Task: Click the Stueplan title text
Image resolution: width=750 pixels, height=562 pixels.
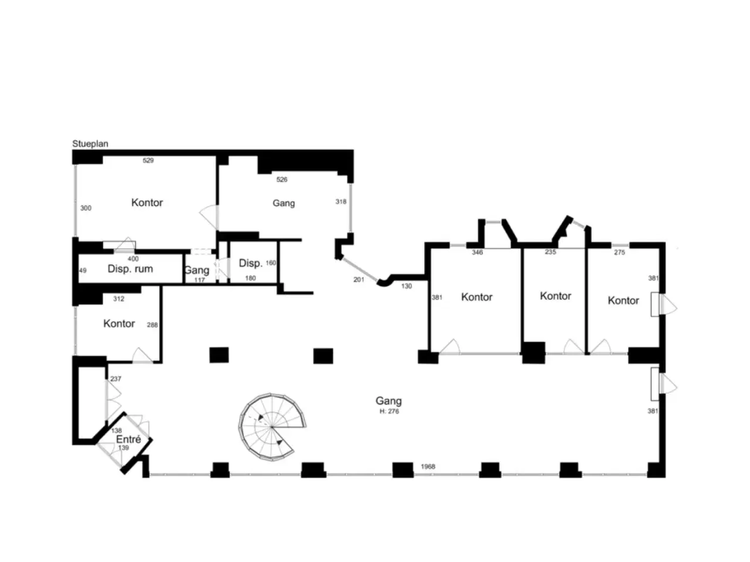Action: click(90, 144)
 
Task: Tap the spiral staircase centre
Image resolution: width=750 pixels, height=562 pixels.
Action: click(271, 427)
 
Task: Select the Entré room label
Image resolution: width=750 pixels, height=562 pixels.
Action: click(128, 439)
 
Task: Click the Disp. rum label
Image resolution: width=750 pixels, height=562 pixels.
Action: click(130, 269)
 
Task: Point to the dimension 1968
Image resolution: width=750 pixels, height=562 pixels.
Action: click(428, 467)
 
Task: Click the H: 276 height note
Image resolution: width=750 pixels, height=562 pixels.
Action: click(389, 411)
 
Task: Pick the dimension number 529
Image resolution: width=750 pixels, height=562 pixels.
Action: click(148, 160)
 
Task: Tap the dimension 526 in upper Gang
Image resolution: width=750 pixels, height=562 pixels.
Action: click(282, 180)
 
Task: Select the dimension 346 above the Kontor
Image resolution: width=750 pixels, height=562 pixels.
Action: click(478, 252)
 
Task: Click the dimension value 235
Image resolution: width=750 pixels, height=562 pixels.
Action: click(550, 252)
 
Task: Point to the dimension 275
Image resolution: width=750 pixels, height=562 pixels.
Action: click(619, 252)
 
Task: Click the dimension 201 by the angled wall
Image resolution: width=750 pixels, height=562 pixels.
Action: click(359, 279)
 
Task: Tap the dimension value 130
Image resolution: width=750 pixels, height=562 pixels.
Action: click(406, 286)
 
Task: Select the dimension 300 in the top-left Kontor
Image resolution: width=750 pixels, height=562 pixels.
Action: click(86, 208)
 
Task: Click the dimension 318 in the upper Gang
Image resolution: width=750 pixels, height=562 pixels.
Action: click(341, 201)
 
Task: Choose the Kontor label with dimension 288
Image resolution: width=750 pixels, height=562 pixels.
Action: click(119, 324)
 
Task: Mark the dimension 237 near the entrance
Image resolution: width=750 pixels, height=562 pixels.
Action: click(116, 379)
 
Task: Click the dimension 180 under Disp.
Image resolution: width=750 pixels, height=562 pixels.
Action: click(250, 278)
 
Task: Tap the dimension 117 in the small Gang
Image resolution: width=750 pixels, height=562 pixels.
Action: click(200, 280)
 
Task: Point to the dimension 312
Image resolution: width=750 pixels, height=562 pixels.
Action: click(118, 299)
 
